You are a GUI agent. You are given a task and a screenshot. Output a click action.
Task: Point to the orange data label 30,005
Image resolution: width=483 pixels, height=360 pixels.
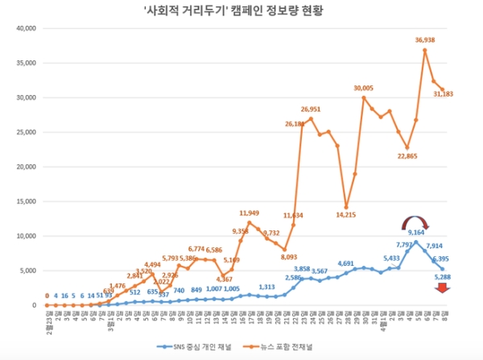363,88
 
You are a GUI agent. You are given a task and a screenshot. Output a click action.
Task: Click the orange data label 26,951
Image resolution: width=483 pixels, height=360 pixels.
312,110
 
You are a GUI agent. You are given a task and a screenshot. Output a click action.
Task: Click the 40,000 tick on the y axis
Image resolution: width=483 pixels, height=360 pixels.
27,28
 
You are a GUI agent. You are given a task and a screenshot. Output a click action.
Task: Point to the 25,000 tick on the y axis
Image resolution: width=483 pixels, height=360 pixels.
27,132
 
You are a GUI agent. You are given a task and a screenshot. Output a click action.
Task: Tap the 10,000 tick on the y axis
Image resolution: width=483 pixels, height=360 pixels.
27,236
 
